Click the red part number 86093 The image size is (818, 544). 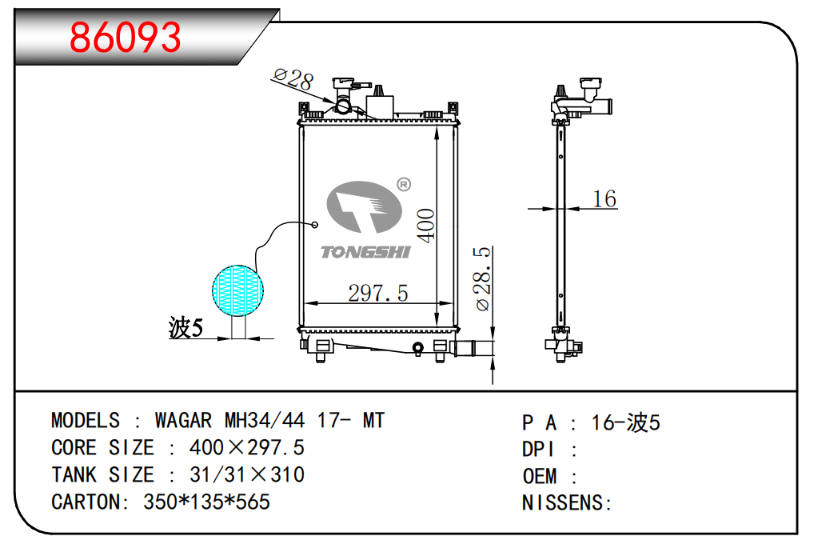[126, 36]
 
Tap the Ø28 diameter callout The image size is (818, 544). [293, 78]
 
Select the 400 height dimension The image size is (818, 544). [426, 226]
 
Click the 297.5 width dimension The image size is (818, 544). [377, 294]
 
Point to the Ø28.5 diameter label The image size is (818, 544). [483, 278]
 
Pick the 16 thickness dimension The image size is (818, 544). [605, 198]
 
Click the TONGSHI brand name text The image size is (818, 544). [365, 253]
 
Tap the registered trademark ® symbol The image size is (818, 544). [403, 185]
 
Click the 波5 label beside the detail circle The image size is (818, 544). [186, 327]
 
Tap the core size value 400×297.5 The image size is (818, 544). [246, 448]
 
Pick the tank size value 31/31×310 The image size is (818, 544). [246, 475]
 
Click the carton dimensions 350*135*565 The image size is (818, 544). [206, 502]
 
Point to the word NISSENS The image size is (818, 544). [564, 503]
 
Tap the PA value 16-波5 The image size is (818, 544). [625, 422]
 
